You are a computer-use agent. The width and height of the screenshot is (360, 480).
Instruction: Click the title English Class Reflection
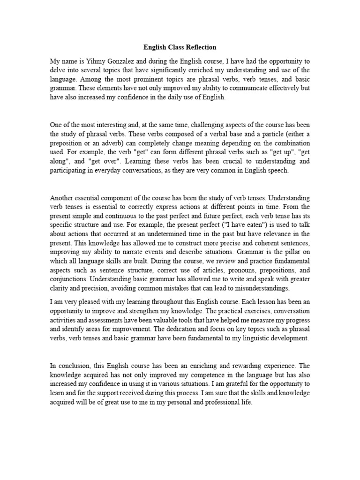tap(180, 47)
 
